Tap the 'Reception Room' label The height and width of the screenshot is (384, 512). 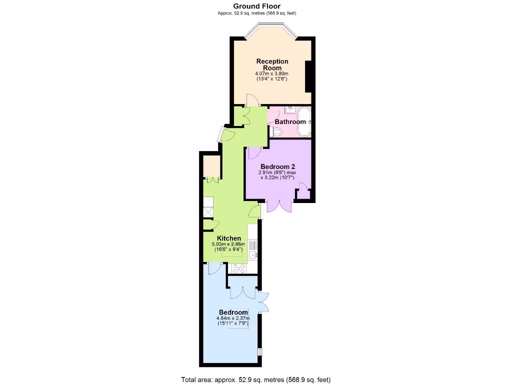(272, 64)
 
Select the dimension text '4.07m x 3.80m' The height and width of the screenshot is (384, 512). (272, 73)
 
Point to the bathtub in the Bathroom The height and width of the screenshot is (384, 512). (303, 121)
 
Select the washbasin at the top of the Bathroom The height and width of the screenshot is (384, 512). (289, 110)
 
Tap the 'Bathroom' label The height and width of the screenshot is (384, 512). (290, 122)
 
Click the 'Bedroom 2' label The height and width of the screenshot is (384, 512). (277, 166)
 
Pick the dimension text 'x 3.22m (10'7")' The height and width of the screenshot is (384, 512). (277, 177)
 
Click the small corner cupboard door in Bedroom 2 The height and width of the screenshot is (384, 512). (302, 188)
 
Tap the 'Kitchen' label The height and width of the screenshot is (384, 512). (229, 238)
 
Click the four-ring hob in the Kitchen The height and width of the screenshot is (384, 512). (238, 268)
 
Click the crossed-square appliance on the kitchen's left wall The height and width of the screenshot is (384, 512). (208, 212)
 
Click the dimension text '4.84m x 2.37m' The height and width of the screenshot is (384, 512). (232, 318)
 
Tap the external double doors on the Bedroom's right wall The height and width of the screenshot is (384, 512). (263, 301)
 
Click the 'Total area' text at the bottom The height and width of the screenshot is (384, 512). (255, 379)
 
